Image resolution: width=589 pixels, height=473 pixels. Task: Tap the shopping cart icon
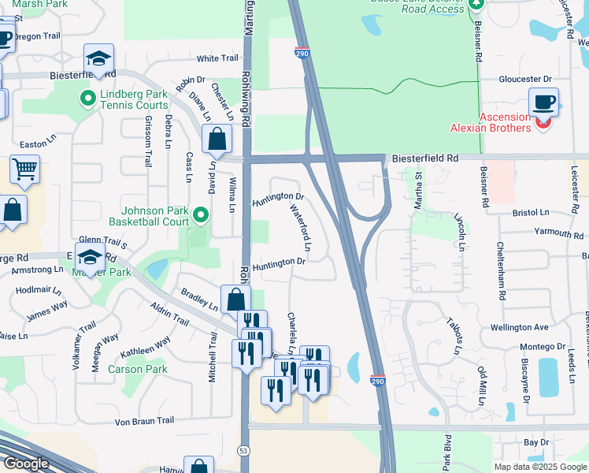(24, 169)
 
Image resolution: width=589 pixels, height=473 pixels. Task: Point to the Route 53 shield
(243, 450)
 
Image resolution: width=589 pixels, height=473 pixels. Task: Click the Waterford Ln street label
(302, 229)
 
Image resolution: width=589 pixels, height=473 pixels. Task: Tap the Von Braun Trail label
(144, 421)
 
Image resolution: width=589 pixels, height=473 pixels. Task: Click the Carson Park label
(137, 369)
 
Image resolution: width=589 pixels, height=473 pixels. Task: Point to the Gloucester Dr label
(525, 80)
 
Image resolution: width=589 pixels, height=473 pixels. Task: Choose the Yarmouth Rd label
(558, 233)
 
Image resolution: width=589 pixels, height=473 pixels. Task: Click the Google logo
(26, 464)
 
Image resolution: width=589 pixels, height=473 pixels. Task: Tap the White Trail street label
(217, 58)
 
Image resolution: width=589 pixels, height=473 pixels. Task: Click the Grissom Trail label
(147, 141)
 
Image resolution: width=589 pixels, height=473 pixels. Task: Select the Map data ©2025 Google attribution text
(540, 467)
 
